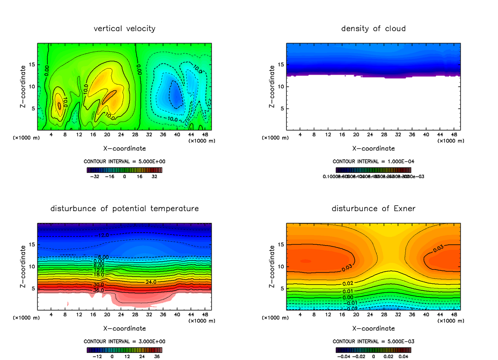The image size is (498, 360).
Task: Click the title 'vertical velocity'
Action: pyautogui.click(x=124, y=29)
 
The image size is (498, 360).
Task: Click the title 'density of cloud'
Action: pyautogui.click(x=373, y=29)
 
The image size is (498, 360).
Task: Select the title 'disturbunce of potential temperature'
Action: pyautogui.click(x=124, y=208)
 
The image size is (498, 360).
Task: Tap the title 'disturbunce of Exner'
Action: pyautogui.click(x=373, y=208)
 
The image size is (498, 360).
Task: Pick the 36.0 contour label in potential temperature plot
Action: pyautogui.click(x=98, y=290)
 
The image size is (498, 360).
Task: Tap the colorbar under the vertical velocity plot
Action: pyautogui.click(x=124, y=170)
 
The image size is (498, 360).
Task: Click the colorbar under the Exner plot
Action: pyautogui.click(x=373, y=350)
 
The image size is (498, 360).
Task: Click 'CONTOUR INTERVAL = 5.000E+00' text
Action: pyautogui.click(x=124, y=161)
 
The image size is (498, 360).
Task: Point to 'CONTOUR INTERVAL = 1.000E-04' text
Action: pyautogui.click(x=373, y=161)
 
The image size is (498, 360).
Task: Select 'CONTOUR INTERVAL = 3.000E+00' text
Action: pyautogui.click(x=124, y=341)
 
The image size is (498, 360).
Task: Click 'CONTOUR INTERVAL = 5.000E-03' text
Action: pyautogui.click(x=373, y=341)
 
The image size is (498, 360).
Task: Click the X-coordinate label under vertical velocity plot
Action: pyautogui.click(x=124, y=148)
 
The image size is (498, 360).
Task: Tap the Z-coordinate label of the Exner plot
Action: pyautogui.click(x=273, y=266)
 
